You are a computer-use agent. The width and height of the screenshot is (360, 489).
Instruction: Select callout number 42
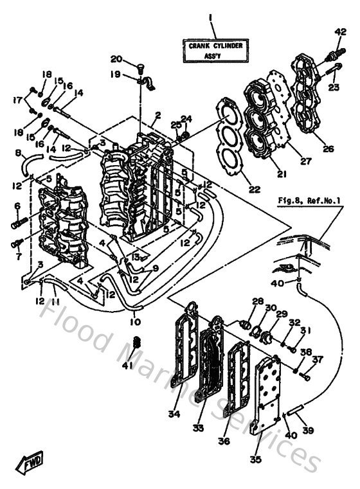point(340,31)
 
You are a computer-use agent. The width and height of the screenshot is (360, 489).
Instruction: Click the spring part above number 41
point(136,347)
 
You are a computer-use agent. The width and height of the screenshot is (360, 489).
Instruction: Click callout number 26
point(328,149)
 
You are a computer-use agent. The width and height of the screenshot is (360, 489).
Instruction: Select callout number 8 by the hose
point(18,154)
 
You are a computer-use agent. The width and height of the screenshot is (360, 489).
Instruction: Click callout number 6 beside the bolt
point(18,206)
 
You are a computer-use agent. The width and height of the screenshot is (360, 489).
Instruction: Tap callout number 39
point(309,430)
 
